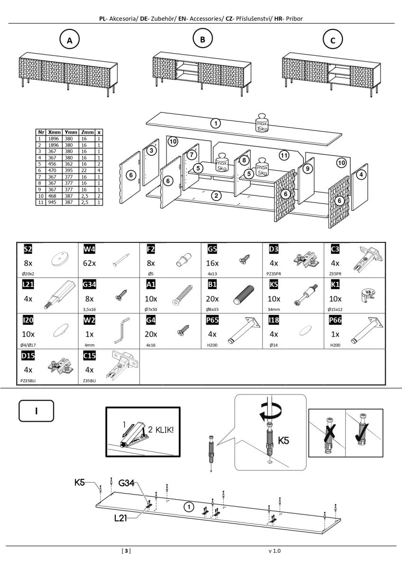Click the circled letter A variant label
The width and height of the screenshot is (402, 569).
70,41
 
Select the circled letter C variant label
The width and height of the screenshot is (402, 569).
332,41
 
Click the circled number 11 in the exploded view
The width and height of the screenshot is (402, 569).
284,155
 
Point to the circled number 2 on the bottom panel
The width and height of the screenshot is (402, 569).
216,195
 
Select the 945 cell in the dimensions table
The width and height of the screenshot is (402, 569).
53,202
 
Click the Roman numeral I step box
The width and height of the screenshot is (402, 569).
36,410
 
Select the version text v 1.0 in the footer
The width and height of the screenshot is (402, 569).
274,551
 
